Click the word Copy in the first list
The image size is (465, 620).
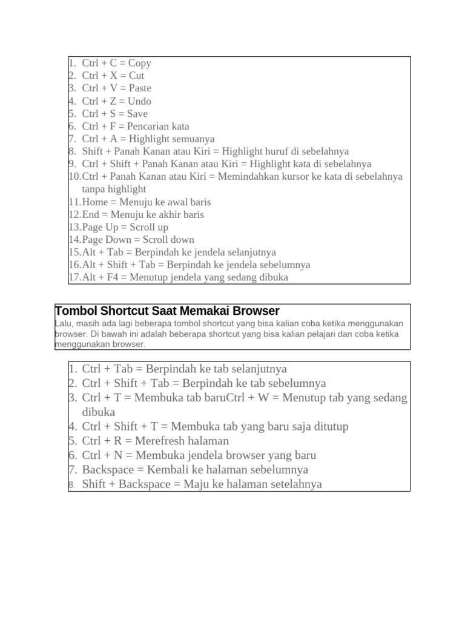coord(139,63)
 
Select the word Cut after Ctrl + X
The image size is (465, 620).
coord(136,76)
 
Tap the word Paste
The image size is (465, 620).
coord(140,88)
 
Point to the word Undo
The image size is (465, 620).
coord(139,101)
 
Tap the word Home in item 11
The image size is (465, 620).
coord(94,202)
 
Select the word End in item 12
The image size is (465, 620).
coord(90,215)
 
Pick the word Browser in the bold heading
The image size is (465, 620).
coord(254,311)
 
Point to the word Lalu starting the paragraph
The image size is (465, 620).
coord(63,324)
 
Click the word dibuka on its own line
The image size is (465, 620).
coord(99,412)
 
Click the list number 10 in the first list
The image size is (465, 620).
coord(74,177)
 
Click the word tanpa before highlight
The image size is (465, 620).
coord(94,190)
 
